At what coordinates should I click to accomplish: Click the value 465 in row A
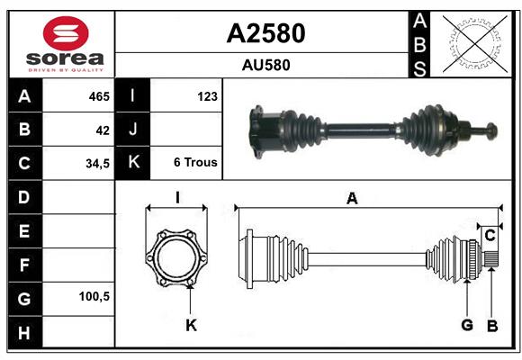point(98,95)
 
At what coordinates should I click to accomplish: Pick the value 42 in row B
point(102,130)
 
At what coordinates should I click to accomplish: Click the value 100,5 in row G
point(94,296)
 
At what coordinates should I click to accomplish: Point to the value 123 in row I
point(207,95)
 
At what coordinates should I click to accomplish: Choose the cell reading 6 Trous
point(194,163)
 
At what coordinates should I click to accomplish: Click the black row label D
point(23,197)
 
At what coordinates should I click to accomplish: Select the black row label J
point(133,130)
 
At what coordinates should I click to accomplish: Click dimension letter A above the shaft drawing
point(352,199)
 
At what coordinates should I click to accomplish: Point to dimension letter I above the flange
point(177,198)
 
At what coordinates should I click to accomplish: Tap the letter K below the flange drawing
point(191,325)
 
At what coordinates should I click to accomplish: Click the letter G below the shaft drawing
point(467,325)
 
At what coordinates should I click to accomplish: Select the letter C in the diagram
point(490,236)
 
